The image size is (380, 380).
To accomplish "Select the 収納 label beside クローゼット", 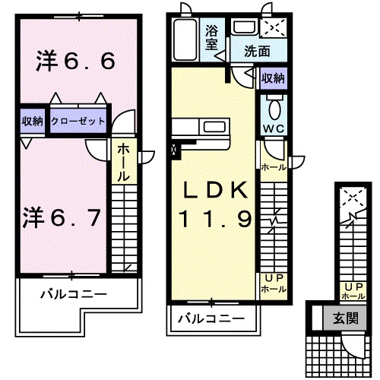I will click(32, 122).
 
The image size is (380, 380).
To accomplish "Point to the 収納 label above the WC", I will click(274, 77).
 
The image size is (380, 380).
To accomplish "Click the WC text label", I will click(274, 128).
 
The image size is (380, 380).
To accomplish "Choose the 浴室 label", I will click(213, 38).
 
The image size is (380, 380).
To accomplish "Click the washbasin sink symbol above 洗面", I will click(243, 28).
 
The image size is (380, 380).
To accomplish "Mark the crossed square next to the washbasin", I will click(272, 28).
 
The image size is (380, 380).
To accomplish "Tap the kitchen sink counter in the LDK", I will click(201, 127).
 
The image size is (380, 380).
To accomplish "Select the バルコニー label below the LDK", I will click(211, 318).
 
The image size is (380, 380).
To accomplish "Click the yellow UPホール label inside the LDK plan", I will click(274, 284).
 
